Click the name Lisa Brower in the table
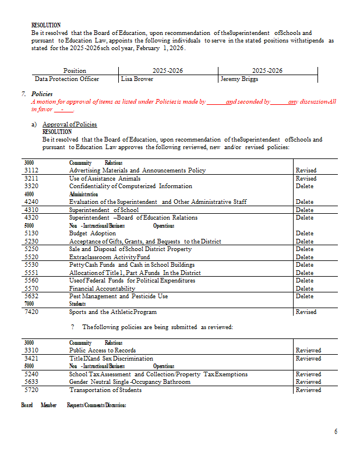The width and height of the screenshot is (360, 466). [137, 79]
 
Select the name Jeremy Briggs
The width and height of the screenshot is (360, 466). [239, 79]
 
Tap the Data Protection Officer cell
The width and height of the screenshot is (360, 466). [66, 79]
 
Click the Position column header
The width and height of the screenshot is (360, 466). [75, 70]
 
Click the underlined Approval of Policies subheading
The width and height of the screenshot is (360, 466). [69, 124]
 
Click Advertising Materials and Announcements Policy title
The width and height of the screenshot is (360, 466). [137, 170]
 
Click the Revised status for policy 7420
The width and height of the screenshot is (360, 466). [306, 312]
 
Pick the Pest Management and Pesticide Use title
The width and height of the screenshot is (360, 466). [118, 296]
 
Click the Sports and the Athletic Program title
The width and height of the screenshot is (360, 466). [113, 312]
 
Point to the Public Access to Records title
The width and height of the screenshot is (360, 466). [103, 350]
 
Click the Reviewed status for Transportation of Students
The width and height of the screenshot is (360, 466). [308, 390]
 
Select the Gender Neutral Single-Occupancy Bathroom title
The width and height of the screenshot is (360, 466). [129, 382]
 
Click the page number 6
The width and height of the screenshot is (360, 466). [336, 432]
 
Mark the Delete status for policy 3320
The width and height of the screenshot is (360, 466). [305, 186]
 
